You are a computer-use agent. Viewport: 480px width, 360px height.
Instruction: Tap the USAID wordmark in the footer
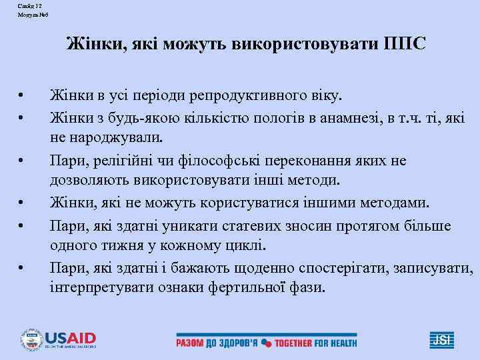69,337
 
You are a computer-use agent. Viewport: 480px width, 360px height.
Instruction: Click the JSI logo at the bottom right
441,340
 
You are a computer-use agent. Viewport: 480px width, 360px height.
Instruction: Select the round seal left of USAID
31,340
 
